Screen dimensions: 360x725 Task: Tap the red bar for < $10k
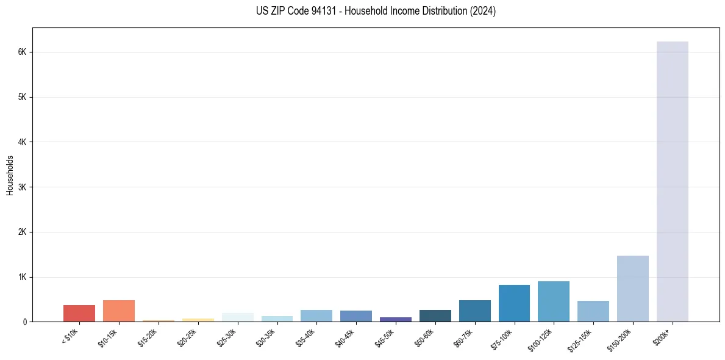click(x=79, y=314)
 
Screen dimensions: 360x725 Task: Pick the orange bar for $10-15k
click(x=119, y=311)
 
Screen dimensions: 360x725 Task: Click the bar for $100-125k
click(x=554, y=301)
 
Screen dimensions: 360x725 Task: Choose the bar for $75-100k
click(x=514, y=303)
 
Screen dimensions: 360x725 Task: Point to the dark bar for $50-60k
click(x=435, y=316)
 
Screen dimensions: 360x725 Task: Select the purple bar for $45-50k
click(x=395, y=319)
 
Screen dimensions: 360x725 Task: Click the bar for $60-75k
click(x=474, y=311)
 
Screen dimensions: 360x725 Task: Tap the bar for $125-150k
click(x=593, y=311)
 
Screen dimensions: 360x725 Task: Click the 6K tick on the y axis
click(x=23, y=52)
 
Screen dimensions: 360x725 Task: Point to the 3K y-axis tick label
click(x=23, y=187)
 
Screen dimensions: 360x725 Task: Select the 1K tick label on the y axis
click(x=23, y=277)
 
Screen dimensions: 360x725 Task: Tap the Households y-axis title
click(x=10, y=175)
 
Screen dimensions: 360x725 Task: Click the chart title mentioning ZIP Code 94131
click(x=376, y=12)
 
